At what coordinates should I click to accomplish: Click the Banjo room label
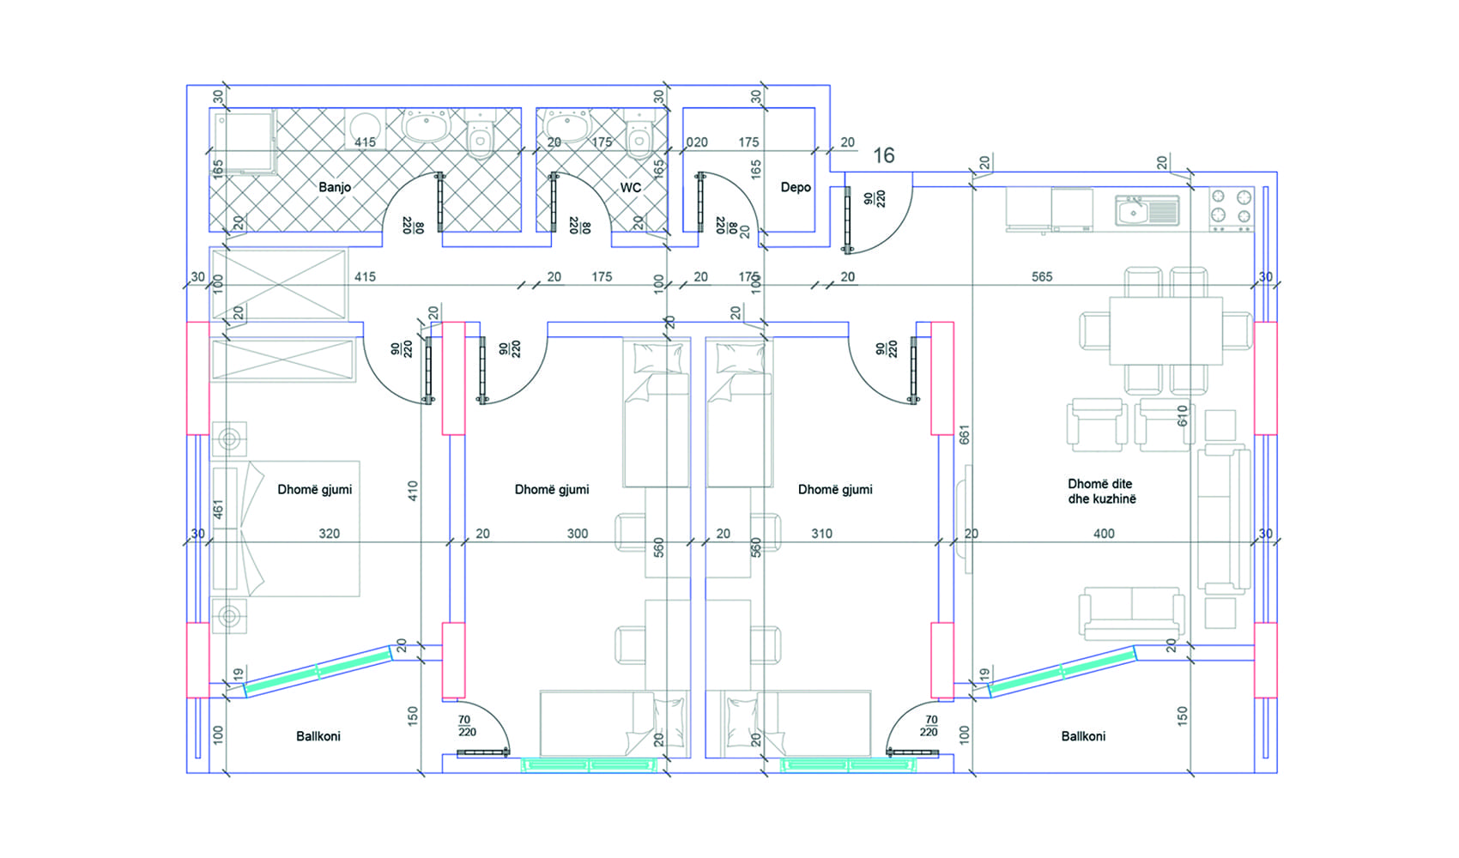(335, 188)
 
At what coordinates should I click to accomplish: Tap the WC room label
(630, 188)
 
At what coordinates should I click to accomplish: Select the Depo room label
(796, 188)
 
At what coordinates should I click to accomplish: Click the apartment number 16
(883, 155)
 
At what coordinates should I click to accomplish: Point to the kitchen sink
(1147, 211)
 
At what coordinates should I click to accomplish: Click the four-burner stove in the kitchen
(1231, 209)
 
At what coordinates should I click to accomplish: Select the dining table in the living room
(1165, 330)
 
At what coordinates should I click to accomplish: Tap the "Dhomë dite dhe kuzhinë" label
(1101, 492)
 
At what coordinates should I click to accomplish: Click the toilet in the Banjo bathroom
(481, 135)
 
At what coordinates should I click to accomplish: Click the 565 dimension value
(1042, 276)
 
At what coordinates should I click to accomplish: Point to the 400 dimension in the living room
(1104, 534)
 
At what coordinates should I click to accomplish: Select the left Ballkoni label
(318, 736)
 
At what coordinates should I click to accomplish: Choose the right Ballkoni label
(1083, 736)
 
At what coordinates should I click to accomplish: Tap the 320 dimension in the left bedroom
(329, 534)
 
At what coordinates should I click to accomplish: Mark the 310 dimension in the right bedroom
(821, 534)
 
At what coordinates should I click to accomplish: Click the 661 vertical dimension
(965, 435)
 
